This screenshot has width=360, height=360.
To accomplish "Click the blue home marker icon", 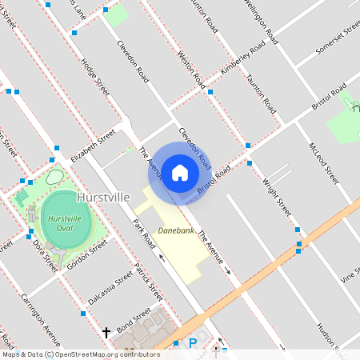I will [180, 172].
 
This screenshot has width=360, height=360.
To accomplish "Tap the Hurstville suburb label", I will [103, 196].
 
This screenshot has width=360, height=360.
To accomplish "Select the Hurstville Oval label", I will [66, 223].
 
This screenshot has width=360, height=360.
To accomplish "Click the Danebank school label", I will [176, 230].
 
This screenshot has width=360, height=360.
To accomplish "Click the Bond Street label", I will [134, 323].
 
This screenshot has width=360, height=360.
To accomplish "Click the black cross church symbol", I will [106, 331].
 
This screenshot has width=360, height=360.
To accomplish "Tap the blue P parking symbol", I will [192, 343].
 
